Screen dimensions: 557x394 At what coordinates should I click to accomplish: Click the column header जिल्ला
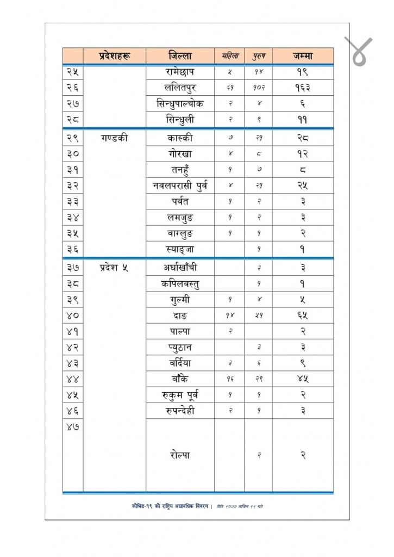click(179, 55)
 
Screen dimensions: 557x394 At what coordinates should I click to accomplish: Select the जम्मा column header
click(303, 55)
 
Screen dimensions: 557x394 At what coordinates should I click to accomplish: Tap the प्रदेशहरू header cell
click(114, 55)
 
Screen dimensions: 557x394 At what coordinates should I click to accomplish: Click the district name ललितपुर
click(179, 87)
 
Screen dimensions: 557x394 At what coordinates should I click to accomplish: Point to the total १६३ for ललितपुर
click(303, 87)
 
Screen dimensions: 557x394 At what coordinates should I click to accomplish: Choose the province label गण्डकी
click(114, 138)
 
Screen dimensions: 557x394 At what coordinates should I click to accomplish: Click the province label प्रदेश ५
click(114, 267)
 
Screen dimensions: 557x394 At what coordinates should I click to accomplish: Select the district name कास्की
click(179, 138)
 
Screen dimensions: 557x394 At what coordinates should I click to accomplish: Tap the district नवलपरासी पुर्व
click(179, 186)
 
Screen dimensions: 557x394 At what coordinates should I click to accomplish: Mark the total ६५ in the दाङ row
click(303, 315)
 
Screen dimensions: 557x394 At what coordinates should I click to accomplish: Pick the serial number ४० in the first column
click(73, 315)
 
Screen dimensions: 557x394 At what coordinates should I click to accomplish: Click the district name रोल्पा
click(179, 454)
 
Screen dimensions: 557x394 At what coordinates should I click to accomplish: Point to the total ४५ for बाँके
click(303, 379)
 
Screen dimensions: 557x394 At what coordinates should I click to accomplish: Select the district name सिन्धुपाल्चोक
click(179, 103)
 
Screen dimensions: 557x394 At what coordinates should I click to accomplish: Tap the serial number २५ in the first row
click(73, 71)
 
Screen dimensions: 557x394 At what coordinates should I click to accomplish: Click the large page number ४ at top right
click(358, 52)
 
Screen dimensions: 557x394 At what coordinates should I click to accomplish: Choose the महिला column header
click(229, 55)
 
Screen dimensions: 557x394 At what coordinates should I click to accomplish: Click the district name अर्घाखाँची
click(179, 267)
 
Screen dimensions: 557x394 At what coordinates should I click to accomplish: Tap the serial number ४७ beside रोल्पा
click(73, 428)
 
